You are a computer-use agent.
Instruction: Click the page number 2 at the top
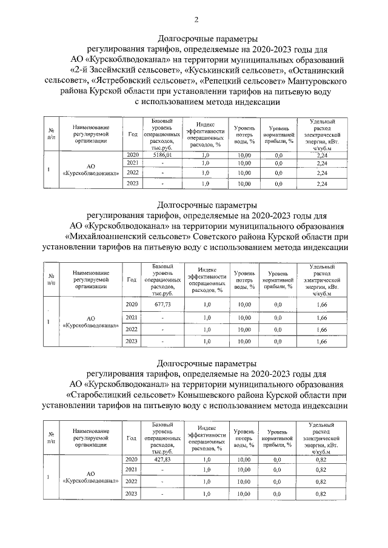point(195,20)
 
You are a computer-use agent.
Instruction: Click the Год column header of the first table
point(132,134)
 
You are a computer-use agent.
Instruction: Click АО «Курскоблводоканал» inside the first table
point(90,169)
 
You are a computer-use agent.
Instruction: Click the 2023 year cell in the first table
point(132,183)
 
